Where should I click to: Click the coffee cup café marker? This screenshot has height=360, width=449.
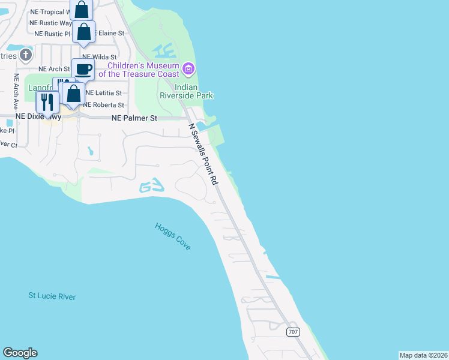tap(83, 69)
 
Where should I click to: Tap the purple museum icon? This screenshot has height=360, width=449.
tap(188, 70)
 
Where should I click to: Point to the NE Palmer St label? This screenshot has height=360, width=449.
tap(134, 119)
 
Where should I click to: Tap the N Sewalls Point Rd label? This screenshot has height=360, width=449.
tap(202, 154)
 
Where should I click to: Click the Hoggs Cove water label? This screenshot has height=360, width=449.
tap(172, 236)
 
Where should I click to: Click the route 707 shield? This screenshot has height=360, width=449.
tap(292, 332)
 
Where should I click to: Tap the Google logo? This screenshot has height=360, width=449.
tap(20, 353)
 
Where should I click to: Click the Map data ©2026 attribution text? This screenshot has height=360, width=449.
tap(423, 355)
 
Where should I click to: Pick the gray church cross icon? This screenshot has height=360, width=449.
tap(25, 56)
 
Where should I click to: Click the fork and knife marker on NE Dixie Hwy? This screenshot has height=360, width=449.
tap(47, 101)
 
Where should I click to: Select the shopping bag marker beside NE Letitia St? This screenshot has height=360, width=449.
tap(73, 94)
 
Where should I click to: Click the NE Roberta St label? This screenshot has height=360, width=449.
tap(103, 105)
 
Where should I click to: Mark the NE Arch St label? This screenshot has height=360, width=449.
tap(55, 70)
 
